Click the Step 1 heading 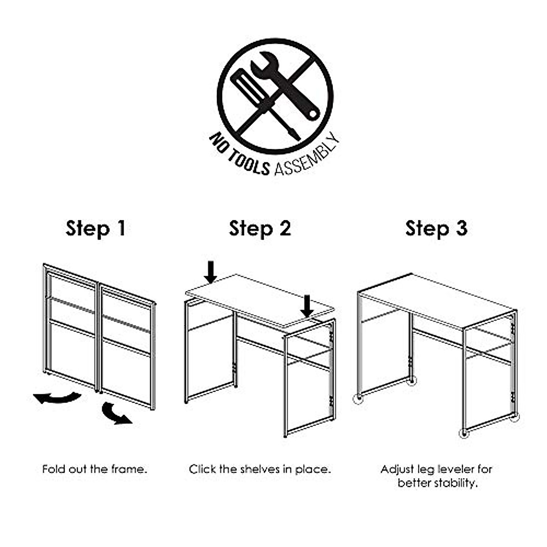coord(95,228)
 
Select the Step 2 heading coord(260,228)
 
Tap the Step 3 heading coord(436,228)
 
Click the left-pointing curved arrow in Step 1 coord(57,398)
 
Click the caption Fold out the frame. coord(95,469)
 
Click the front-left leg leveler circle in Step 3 coord(359,399)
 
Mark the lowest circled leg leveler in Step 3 coord(464,433)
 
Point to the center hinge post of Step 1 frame coord(98,337)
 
